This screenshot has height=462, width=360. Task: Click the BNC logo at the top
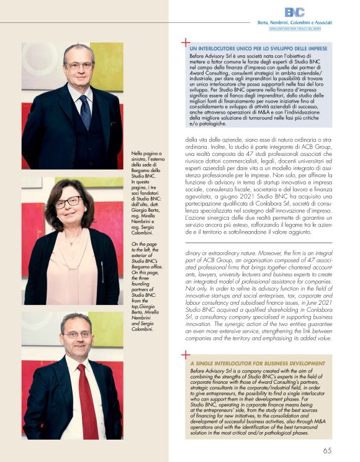point(294,12)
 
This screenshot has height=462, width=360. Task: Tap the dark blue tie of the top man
point(85,111)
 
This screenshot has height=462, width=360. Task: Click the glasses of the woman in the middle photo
point(68,202)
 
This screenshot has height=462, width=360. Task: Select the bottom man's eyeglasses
point(76,335)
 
